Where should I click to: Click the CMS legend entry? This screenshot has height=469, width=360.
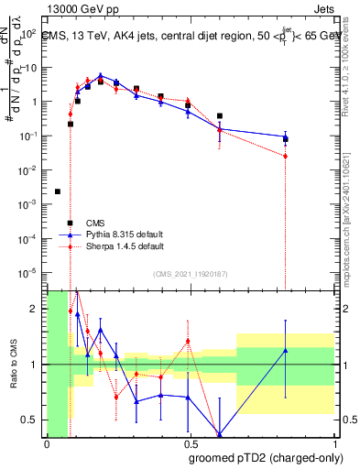[95, 223]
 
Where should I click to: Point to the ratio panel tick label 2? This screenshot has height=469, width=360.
[33, 309]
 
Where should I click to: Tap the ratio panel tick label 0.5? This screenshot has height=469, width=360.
[29, 420]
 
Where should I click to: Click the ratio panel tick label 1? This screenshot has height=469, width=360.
[33, 365]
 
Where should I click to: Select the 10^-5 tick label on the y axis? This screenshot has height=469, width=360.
[29, 272]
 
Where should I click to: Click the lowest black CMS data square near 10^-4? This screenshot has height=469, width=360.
[70, 223]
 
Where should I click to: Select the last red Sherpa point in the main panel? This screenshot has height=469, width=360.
[286, 156]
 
